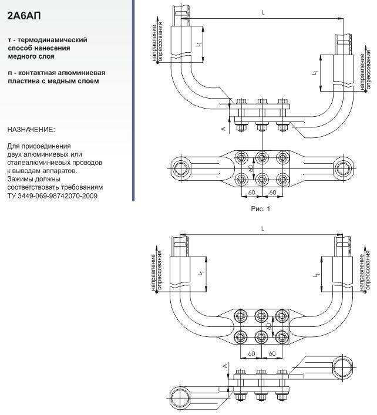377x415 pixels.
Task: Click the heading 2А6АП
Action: pyautogui.click(x=24, y=16)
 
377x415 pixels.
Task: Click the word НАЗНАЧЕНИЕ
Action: pyautogui.click(x=31, y=130)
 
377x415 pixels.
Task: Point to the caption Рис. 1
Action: pyautogui.click(x=261, y=209)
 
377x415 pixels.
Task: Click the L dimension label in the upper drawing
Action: pyautogui.click(x=263, y=13)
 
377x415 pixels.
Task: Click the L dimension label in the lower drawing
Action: pyautogui.click(x=262, y=229)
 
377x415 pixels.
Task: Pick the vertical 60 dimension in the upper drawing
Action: pyautogui.click(x=251, y=167)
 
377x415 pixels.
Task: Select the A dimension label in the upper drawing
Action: pyautogui.click(x=224, y=129)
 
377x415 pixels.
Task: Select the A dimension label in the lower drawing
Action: pyautogui.click(x=225, y=366)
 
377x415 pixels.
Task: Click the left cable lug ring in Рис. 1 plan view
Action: pyautogui.click(x=181, y=168)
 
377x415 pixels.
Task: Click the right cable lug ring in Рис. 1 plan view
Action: pyautogui.click(x=343, y=168)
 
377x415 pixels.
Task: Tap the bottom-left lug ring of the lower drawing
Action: pyautogui.click(x=180, y=397)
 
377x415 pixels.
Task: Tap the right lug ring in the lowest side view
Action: pyautogui.click(x=343, y=367)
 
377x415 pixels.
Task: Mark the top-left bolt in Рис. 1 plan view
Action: pyautogui.click(x=241, y=158)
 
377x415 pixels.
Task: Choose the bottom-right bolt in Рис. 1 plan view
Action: pyautogui.click(x=282, y=180)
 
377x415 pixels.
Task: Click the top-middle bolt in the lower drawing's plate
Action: pyautogui.click(x=261, y=316)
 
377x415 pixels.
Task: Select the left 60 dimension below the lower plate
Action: pyautogui.click(x=251, y=353)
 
